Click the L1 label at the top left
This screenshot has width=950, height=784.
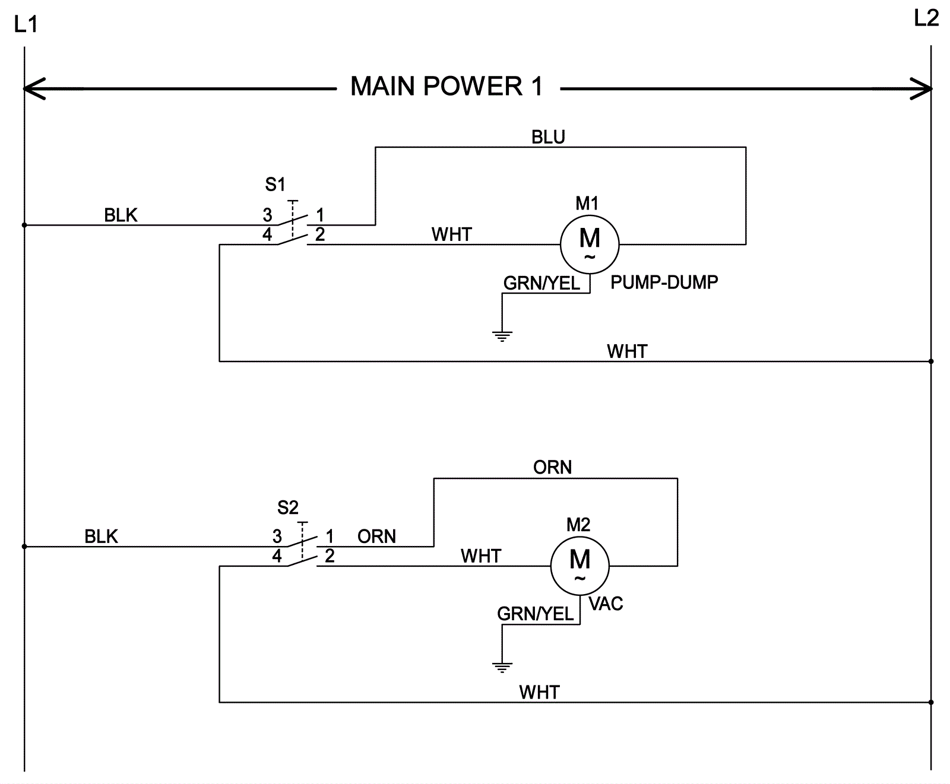pos(26,24)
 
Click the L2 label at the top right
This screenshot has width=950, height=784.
pos(926,19)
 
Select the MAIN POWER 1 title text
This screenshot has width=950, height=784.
pos(446,87)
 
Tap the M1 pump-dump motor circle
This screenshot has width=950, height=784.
pos(590,244)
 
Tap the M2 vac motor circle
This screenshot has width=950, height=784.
pos(579,566)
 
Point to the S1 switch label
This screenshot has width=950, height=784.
pos(275,185)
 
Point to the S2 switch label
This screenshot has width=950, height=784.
pos(288,507)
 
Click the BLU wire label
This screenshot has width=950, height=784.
pos(548,137)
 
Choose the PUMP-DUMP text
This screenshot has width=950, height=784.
pos(664,282)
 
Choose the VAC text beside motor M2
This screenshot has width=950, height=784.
pos(606,604)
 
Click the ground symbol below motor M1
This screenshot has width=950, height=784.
pos(502,336)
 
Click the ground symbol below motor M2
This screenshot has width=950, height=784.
pos(502,666)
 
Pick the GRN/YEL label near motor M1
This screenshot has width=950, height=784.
pos(541,283)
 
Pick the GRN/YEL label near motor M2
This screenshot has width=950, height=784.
pos(536,614)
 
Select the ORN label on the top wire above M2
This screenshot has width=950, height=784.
pos(552,468)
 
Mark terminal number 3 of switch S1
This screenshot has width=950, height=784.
pos(267,215)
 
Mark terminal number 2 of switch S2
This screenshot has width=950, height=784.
pos(330,556)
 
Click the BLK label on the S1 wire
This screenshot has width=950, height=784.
pos(121,215)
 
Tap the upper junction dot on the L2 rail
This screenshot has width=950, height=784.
pos(931,361)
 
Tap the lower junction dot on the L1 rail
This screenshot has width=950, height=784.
pos(24,547)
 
